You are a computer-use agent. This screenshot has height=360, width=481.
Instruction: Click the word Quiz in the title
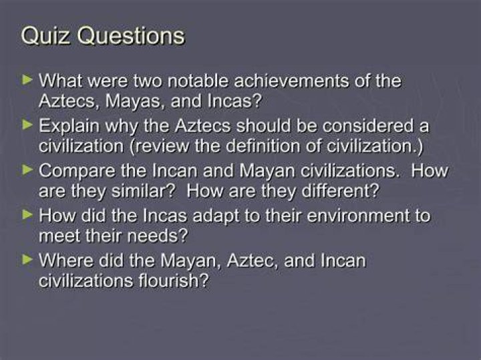45,37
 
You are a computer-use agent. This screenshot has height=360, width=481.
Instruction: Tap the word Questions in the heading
131,36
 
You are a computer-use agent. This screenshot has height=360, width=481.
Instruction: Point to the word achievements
291,81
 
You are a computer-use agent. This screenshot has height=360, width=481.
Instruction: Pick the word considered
364,126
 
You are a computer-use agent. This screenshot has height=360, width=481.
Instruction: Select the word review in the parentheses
160,146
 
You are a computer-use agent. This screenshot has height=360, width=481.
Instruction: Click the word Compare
77,172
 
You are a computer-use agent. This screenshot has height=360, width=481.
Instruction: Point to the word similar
143,191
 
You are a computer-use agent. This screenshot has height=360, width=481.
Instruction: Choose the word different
341,191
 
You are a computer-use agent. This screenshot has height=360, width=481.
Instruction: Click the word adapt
216,216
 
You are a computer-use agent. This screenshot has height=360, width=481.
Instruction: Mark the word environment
358,216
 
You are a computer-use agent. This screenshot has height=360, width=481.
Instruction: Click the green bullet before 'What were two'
27,80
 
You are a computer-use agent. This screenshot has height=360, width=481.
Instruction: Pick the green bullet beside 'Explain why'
27,125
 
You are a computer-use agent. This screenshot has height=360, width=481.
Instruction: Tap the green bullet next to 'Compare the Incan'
27,170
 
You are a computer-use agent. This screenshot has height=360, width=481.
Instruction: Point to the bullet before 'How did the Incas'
27,215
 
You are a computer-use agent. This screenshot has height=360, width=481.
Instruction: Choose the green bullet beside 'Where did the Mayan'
27,260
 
